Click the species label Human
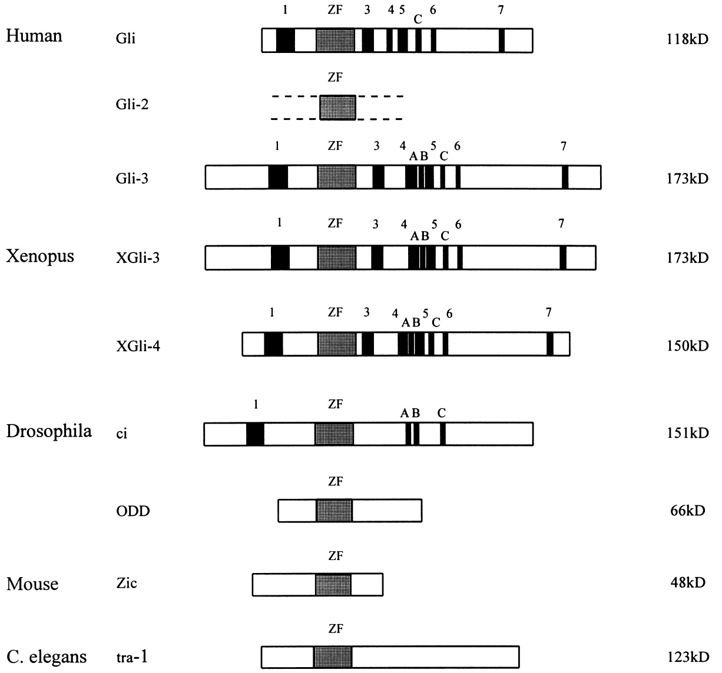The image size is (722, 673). [x=34, y=36]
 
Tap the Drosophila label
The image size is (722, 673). [x=49, y=431]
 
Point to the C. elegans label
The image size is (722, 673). [x=47, y=656]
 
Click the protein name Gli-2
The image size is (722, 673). [x=132, y=105]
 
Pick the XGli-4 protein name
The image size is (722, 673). [x=138, y=345]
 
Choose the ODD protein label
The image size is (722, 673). [x=133, y=510]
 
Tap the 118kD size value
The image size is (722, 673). [x=683, y=40]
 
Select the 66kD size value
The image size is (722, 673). [x=687, y=510]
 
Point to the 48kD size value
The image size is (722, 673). [x=687, y=583]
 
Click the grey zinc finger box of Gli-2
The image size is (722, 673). [x=337, y=108]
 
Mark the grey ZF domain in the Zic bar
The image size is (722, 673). [x=333, y=585]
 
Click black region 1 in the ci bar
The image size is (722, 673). [x=255, y=434]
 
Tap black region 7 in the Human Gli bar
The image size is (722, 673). [x=501, y=41]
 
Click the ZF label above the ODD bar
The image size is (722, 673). [x=335, y=482]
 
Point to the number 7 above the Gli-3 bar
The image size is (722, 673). [x=564, y=146]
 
